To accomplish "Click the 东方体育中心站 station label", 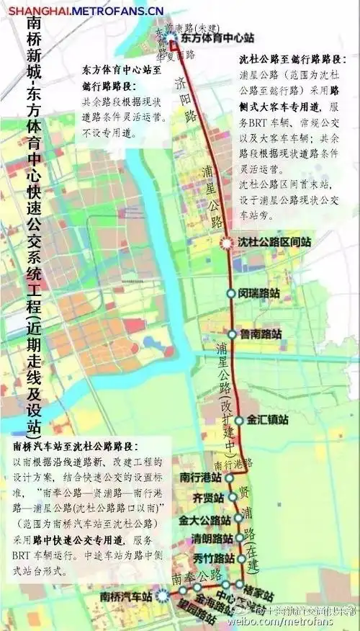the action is (210, 38).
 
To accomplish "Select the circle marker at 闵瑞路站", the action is (231, 293).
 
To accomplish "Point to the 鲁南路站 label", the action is (260, 334).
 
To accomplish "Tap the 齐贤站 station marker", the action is (233, 497).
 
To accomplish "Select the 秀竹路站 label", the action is (214, 558).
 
